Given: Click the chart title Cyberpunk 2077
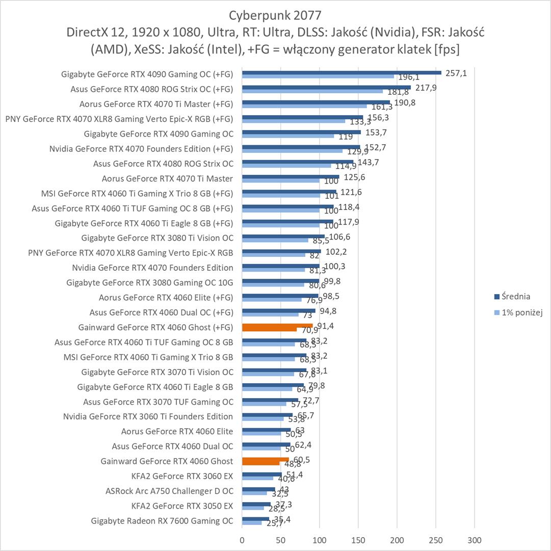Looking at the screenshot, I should (275, 14).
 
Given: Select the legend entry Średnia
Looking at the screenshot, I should (516, 296).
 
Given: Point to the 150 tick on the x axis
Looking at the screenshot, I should (358, 540).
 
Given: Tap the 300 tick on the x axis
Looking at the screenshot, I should (475, 540).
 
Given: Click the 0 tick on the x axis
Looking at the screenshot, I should (242, 540).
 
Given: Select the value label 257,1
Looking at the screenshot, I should (456, 73).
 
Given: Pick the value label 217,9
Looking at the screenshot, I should (426, 88).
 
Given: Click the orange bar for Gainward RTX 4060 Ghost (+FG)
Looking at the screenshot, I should (277, 325).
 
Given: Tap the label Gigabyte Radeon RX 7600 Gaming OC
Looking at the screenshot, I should (162, 521).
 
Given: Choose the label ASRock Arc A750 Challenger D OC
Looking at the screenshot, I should (169, 491).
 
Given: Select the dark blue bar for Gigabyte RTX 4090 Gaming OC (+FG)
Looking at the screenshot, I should (342, 72).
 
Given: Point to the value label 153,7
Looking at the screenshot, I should (375, 132).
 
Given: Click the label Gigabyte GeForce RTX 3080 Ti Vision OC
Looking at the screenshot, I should (157, 238).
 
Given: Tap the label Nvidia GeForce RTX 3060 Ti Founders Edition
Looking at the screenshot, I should (148, 416).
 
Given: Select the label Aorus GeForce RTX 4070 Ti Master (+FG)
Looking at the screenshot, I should (156, 104).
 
